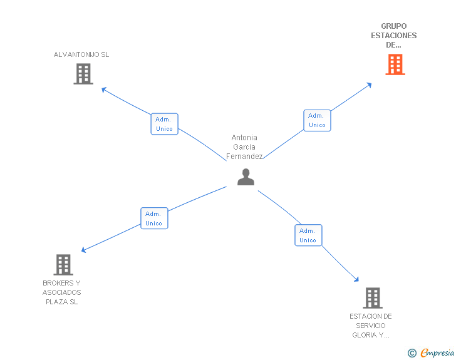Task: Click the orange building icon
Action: [395, 64]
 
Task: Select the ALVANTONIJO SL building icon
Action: [83, 74]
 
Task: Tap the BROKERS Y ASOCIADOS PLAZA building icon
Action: [63, 265]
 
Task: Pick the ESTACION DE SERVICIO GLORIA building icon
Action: [373, 298]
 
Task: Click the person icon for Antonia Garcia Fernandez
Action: [246, 177]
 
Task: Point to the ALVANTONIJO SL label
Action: [81, 54]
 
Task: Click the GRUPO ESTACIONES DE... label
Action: [393, 36]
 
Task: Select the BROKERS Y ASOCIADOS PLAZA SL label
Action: [62, 292]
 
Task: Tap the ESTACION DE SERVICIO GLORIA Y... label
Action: [371, 326]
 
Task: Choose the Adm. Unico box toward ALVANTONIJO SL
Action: [165, 124]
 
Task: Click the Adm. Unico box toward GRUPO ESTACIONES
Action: [317, 120]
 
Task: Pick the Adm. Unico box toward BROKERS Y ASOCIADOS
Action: [154, 218]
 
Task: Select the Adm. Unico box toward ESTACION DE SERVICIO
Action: [308, 235]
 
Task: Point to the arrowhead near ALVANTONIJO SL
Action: [105, 90]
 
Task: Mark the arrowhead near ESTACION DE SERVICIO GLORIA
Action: [356, 279]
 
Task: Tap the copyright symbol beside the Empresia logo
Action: [412, 353]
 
